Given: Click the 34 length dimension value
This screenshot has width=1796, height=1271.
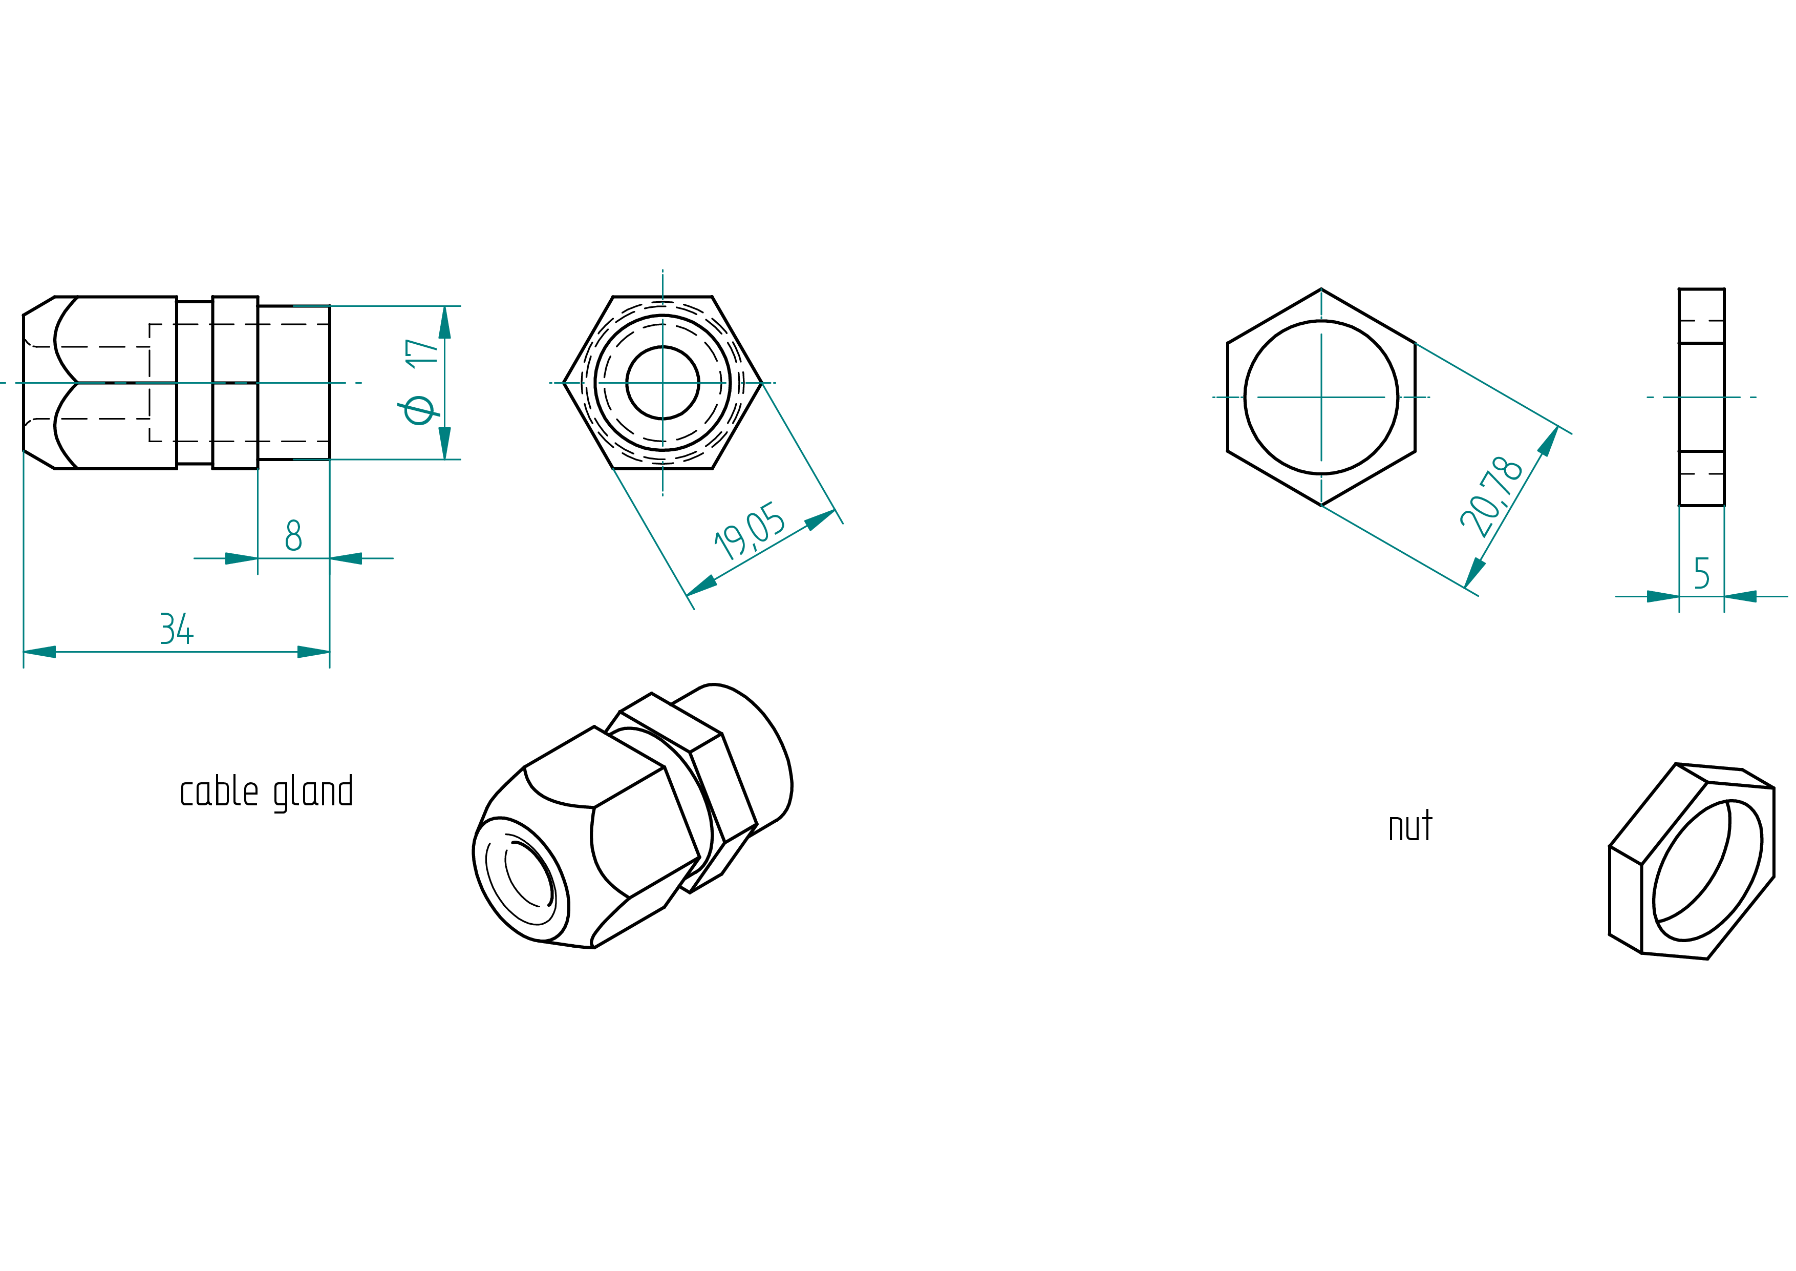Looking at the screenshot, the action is coord(177,629).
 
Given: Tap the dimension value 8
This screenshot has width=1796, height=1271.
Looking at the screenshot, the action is coord(293,535).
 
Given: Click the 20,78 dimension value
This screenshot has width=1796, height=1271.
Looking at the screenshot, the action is coord(1490,497).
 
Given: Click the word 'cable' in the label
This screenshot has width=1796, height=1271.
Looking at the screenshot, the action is coord(219,791).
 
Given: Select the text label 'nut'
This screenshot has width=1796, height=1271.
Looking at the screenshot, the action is coord(1409,826).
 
